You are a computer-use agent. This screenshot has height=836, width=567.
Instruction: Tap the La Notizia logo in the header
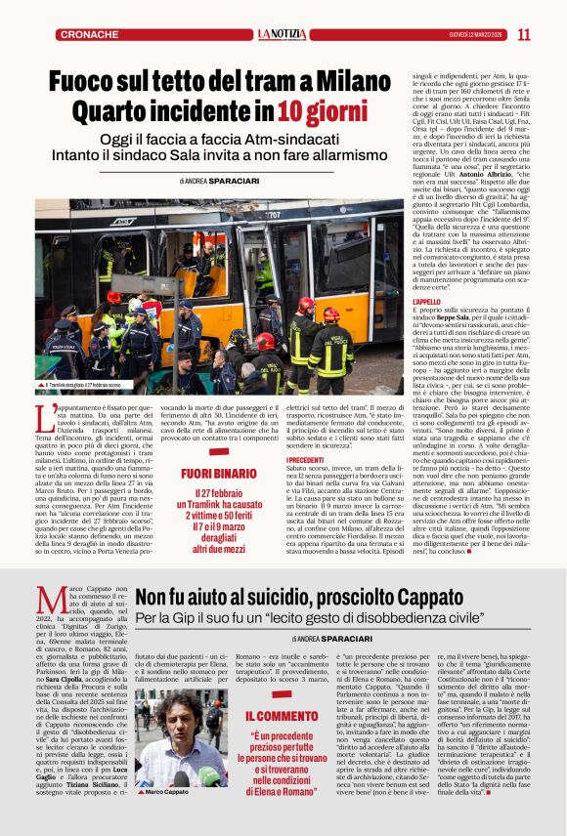[x=283, y=34]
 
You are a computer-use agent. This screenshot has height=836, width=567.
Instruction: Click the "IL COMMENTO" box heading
[x=267, y=717]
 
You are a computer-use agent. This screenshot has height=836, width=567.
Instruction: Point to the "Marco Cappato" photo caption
[x=167, y=791]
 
